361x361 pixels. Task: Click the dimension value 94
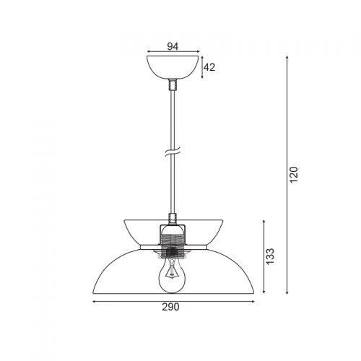click(x=173, y=46)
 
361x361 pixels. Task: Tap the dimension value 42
click(x=209, y=68)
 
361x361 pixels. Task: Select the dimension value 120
click(x=294, y=174)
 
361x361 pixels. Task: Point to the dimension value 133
click(x=271, y=256)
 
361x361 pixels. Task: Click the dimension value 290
click(x=170, y=307)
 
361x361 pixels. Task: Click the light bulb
click(x=172, y=276)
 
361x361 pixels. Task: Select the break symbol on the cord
click(x=173, y=152)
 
